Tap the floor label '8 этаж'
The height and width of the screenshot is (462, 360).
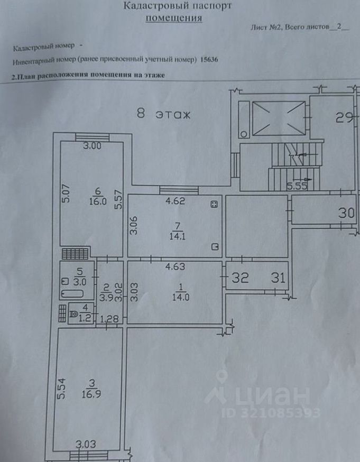[x=163, y=114]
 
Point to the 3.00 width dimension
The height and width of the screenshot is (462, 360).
[x=93, y=146]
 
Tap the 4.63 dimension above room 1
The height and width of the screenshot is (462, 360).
[x=174, y=266]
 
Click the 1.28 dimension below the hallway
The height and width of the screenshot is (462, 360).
[x=108, y=319]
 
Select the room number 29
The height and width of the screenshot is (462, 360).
[x=344, y=118]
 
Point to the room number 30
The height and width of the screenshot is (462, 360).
[x=347, y=213]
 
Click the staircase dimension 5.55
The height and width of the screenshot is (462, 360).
[x=298, y=186]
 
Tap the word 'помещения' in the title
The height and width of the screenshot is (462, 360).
[x=174, y=18]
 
